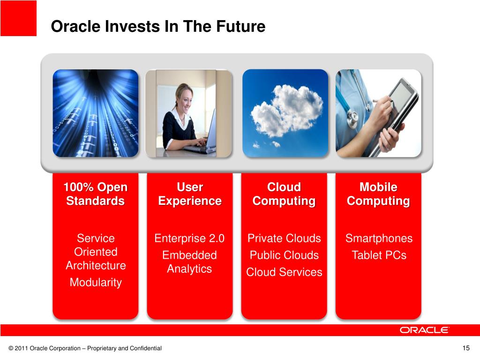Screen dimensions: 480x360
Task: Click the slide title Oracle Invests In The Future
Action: tap(158, 26)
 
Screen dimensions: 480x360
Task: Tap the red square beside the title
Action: tap(18, 18)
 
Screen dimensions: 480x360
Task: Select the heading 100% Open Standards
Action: tap(96, 194)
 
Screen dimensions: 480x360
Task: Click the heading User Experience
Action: tap(190, 194)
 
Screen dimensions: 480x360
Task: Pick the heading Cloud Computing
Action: tap(284, 194)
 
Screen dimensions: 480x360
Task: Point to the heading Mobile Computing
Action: tap(378, 194)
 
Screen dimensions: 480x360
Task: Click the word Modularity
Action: tap(96, 282)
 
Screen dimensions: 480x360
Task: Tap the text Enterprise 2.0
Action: tap(189, 238)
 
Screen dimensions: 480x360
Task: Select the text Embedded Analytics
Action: tap(189, 262)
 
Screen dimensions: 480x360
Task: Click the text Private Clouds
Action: tap(284, 238)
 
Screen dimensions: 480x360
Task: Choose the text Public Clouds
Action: tap(284, 255)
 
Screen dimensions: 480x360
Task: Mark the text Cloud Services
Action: tap(284, 272)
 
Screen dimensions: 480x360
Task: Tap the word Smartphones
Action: tap(379, 239)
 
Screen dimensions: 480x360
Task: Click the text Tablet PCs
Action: tap(379, 255)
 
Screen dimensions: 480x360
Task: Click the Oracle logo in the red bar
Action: tap(424, 330)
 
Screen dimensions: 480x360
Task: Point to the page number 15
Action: tap(466, 348)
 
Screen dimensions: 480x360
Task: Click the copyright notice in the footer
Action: tap(85, 348)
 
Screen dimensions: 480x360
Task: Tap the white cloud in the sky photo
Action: tap(286, 110)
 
